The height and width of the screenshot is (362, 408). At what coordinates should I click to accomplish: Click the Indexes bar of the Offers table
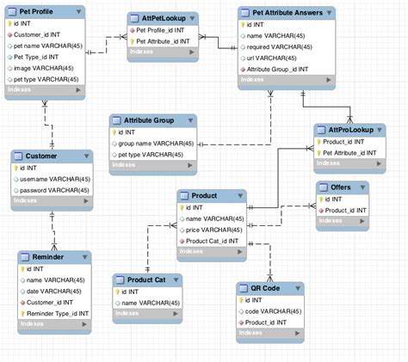tap(343, 222)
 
